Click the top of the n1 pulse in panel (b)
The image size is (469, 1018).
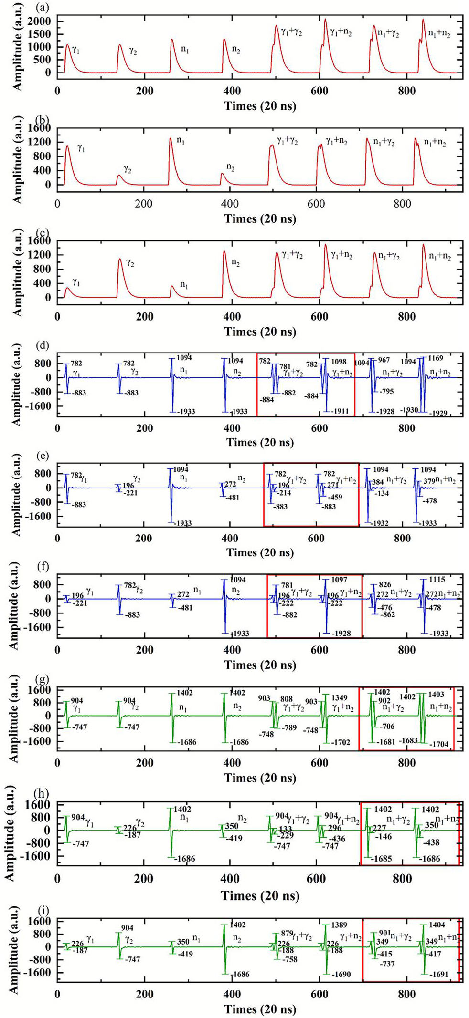click(x=170, y=139)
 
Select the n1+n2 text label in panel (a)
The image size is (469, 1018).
click(x=438, y=33)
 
